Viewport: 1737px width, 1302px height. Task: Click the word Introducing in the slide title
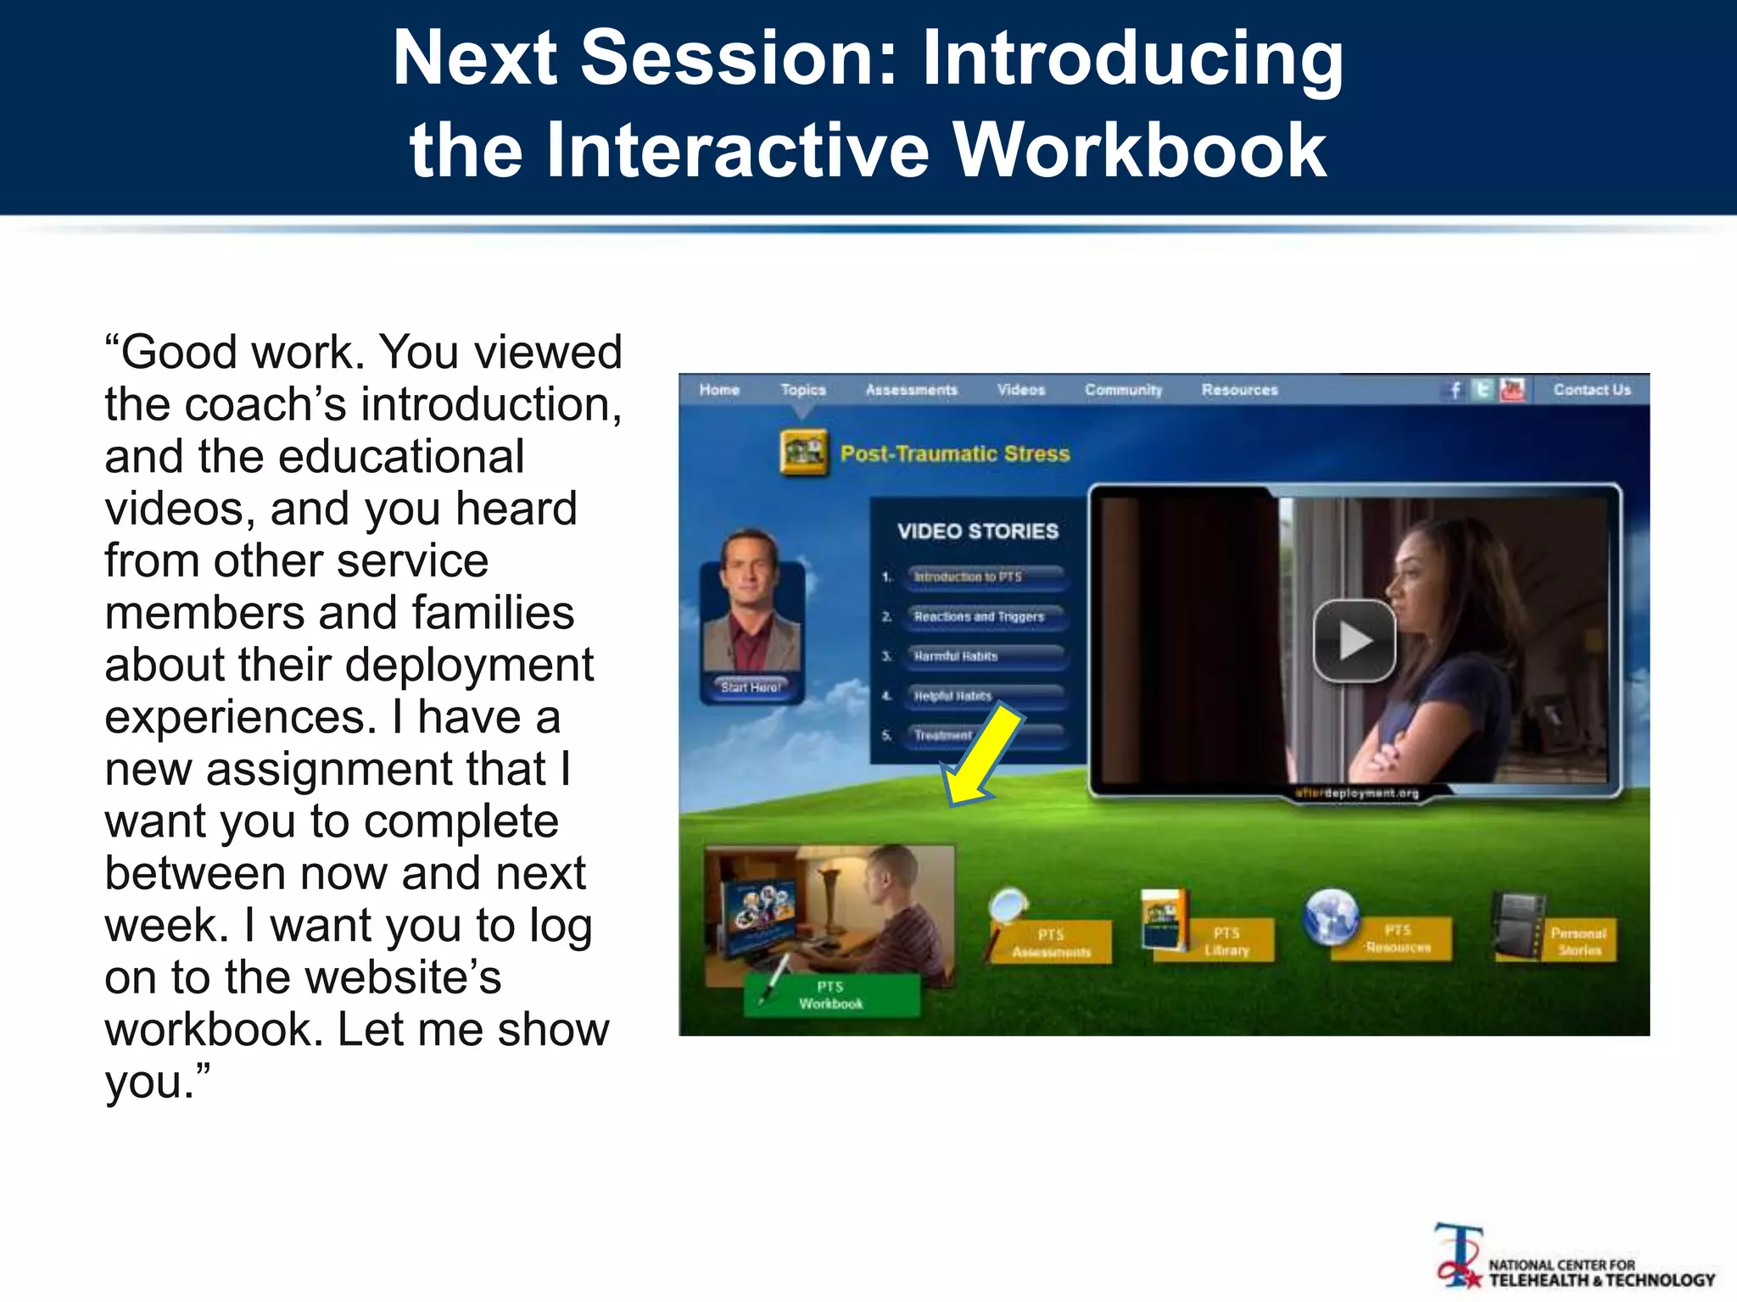point(1131,59)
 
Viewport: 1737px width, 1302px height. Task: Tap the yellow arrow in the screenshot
point(986,754)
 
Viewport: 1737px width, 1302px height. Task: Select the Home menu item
point(719,390)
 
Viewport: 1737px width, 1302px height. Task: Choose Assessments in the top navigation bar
point(911,390)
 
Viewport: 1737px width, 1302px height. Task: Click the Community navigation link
point(1123,390)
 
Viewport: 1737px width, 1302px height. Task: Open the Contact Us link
point(1591,390)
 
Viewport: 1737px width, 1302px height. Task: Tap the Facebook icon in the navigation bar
point(1455,390)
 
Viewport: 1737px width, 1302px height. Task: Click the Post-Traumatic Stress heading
point(954,453)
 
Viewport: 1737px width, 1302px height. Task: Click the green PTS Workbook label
point(830,995)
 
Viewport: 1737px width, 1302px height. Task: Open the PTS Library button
point(1226,942)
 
